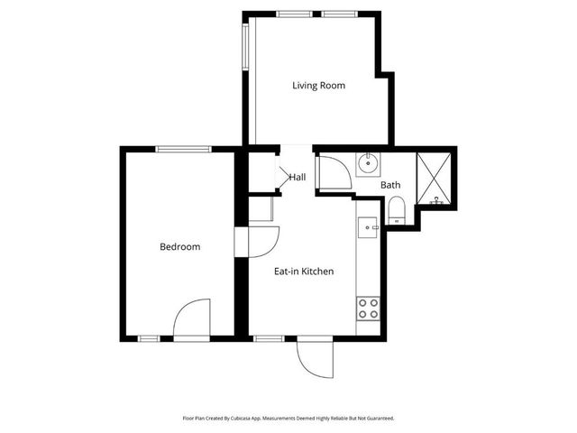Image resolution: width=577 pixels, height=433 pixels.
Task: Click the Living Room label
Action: (318, 86)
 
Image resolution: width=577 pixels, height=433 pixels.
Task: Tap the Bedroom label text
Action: (179, 246)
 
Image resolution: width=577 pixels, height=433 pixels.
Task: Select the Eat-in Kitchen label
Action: (304, 271)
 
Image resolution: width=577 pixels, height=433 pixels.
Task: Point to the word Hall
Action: (298, 177)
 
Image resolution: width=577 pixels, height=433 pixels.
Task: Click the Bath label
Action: (390, 185)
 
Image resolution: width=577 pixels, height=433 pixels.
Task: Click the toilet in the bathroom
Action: (396, 212)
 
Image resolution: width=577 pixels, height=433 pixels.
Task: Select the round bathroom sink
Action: (368, 164)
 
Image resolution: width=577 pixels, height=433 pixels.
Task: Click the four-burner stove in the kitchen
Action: (368, 309)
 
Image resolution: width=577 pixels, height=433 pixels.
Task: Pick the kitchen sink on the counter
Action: (367, 227)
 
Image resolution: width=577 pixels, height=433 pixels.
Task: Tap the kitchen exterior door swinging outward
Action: (316, 361)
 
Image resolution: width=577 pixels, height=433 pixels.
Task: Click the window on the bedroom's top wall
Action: (184, 149)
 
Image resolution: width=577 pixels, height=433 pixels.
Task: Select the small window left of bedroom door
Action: (150, 338)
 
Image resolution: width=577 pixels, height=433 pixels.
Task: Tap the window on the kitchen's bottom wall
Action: (268, 338)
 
